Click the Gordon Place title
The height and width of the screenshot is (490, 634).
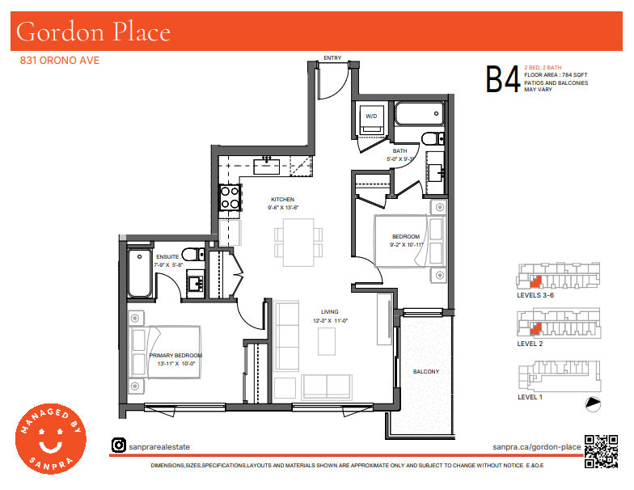point(93,32)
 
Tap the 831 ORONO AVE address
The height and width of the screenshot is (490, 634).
point(60,60)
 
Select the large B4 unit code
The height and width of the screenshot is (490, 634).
point(503,79)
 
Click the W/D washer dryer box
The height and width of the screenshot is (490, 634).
point(371,118)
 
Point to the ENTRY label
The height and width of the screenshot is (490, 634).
point(332,58)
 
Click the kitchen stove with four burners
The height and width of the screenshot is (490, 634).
point(230,197)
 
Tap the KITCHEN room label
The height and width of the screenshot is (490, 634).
point(283,199)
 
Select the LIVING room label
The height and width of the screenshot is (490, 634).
point(330,312)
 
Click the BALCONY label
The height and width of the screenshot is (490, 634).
point(426,372)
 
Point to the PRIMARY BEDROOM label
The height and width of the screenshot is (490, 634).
point(175,356)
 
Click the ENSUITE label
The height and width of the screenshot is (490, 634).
point(167,257)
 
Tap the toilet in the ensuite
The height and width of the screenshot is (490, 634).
point(192,255)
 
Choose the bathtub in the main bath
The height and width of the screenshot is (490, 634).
point(419,113)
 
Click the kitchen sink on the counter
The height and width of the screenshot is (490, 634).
point(267,166)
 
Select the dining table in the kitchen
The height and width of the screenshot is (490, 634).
point(298,243)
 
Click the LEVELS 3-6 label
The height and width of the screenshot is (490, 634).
point(535,295)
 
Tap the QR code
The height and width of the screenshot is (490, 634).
point(602,451)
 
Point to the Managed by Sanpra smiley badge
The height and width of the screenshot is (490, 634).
point(51,439)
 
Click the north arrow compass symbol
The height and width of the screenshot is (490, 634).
point(594,404)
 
